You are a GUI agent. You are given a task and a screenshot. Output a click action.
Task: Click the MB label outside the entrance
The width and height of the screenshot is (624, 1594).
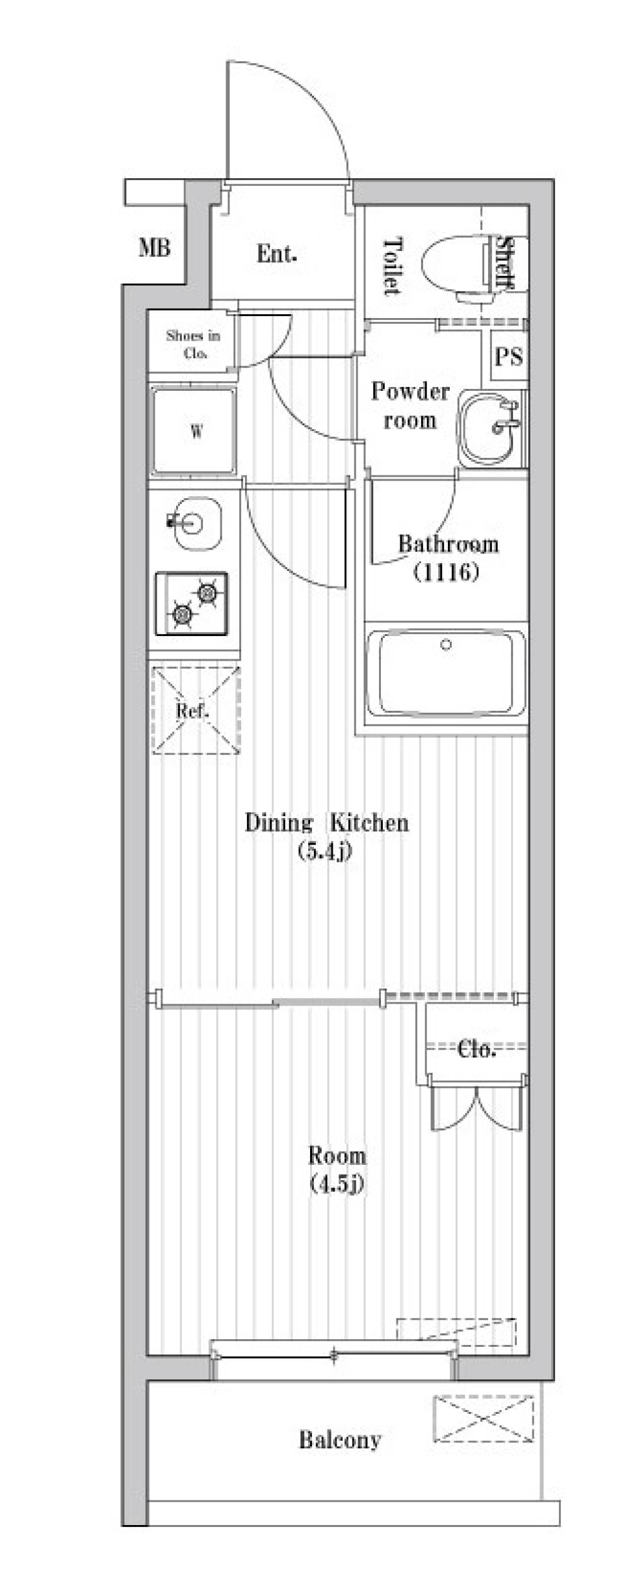155,248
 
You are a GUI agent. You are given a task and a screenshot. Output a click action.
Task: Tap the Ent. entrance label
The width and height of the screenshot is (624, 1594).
277,254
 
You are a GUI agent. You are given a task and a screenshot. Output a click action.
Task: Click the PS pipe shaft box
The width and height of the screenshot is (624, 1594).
508,357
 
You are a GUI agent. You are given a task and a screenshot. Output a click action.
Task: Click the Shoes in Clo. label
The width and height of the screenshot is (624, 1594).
193,345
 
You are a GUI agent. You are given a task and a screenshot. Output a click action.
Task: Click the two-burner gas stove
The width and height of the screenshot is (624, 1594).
191,604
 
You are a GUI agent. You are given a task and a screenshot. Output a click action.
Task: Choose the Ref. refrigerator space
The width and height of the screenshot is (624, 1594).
196,710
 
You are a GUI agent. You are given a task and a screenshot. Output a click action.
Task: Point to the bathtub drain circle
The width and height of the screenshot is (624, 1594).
446,645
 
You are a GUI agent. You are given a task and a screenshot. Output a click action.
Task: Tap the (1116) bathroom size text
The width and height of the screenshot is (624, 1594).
446,572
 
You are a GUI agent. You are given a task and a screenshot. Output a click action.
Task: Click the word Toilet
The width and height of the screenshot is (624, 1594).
392,266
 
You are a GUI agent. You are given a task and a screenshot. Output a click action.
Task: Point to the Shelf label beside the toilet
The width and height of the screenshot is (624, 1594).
505,261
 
